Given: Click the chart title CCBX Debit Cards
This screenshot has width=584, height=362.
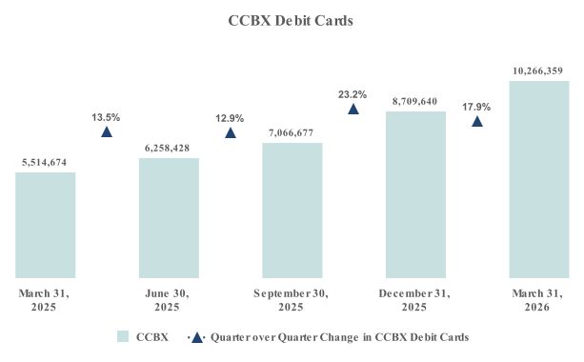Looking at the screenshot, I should click(x=292, y=20).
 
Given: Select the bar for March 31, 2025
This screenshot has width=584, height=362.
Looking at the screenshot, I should click(x=46, y=225).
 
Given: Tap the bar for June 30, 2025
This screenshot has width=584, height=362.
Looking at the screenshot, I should click(x=169, y=217).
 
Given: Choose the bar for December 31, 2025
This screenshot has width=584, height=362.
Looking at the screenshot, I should click(x=415, y=194).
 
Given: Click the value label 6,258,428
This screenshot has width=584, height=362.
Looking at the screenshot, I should click(x=169, y=149).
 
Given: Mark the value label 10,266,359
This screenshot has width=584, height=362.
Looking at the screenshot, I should click(x=538, y=70).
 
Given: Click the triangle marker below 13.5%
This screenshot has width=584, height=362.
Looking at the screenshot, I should click(x=107, y=131).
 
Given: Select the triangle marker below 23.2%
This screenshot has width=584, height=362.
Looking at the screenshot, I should click(x=353, y=109).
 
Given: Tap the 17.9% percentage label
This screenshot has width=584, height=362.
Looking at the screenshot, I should click(x=476, y=107).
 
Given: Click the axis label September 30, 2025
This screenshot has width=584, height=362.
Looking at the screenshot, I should click(x=292, y=300).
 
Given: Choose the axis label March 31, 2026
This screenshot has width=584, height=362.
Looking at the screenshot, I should click(x=538, y=300).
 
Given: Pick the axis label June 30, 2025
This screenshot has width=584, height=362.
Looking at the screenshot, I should click(x=169, y=300).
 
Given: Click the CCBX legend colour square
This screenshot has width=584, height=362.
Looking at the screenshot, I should click(x=123, y=337).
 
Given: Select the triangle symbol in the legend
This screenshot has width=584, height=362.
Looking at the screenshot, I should click(x=196, y=337).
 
